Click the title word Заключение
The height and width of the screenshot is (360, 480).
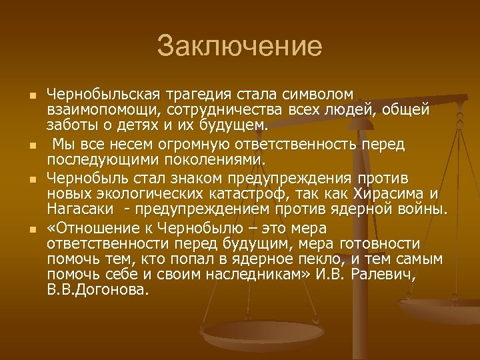coord(239,47)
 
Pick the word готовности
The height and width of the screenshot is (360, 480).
coord(381,243)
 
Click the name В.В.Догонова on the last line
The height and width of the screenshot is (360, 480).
coord(99,291)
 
